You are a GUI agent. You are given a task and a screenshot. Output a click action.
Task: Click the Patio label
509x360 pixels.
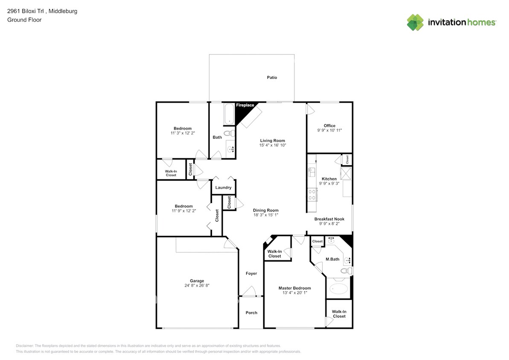click(x=272, y=77)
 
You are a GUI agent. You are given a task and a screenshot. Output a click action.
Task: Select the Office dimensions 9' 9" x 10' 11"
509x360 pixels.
click(x=329, y=130)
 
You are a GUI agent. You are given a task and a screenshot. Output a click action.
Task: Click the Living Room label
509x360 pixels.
click(x=272, y=141)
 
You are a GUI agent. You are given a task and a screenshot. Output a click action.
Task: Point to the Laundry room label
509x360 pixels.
click(x=223, y=187)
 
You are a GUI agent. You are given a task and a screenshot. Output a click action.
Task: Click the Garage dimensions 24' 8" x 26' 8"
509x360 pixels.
click(x=197, y=285)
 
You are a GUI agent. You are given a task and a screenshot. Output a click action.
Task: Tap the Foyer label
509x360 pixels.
click(x=251, y=273)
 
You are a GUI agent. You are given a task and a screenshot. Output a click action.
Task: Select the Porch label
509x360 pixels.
click(x=251, y=313)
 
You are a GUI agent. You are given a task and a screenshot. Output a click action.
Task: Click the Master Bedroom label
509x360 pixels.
click(x=294, y=288)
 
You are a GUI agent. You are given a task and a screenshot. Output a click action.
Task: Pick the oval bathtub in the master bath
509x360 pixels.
click(x=339, y=289)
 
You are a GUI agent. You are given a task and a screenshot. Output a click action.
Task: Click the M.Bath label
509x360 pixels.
click(x=332, y=259)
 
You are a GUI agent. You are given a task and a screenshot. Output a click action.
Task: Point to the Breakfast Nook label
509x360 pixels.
click(x=329, y=219)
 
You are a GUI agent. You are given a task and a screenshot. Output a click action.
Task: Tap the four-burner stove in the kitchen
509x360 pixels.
click(x=312, y=195)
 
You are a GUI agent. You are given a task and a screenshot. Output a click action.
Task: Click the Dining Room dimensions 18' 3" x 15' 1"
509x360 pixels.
click(x=266, y=215)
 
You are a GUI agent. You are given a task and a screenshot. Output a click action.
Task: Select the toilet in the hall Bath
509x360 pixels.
click(x=230, y=133)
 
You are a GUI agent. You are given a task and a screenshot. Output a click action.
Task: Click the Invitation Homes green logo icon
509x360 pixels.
click(x=415, y=23)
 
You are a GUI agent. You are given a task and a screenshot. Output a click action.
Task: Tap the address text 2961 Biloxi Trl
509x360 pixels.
click(x=25, y=11)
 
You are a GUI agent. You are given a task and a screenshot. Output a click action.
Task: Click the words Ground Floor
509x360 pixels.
click(x=24, y=20)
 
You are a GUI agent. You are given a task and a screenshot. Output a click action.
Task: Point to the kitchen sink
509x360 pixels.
click(x=311, y=172)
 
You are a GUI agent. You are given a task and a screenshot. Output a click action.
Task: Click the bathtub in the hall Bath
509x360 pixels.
click(x=229, y=114)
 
